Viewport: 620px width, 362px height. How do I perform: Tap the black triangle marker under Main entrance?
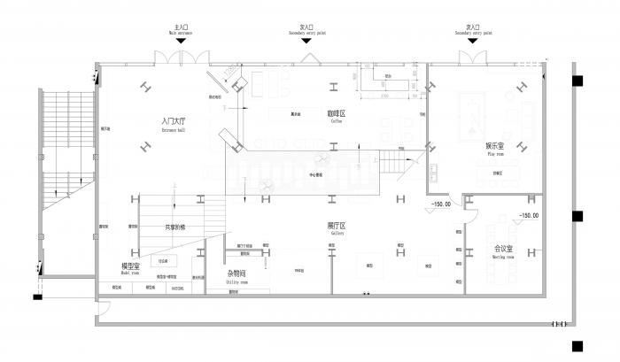point(182,42)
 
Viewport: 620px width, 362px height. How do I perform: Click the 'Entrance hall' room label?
point(174,126)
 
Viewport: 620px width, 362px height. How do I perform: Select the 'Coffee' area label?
point(336,117)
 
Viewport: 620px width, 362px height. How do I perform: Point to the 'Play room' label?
point(495,150)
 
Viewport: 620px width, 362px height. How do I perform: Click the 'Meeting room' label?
point(504,252)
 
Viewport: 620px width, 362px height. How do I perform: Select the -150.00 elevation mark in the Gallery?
point(440,205)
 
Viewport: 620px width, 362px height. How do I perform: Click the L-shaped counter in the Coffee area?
point(390,83)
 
